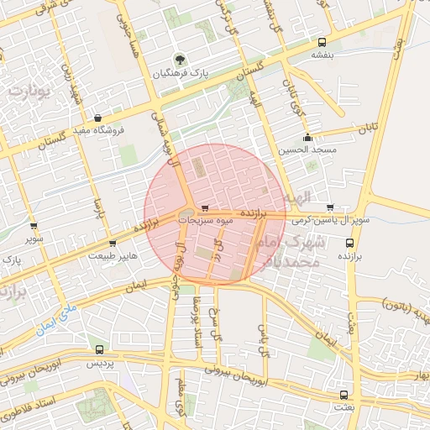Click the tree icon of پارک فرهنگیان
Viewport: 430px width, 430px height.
point(179,59)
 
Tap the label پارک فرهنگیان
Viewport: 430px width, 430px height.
point(180,74)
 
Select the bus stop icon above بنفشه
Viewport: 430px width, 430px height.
point(322,40)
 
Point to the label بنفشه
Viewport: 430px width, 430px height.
point(322,55)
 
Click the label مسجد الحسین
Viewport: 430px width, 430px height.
point(311,149)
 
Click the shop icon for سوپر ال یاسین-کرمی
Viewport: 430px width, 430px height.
point(329,207)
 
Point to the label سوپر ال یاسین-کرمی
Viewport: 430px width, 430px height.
point(331,219)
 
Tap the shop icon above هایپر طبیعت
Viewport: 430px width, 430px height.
point(113,244)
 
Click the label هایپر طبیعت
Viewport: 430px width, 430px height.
point(113,255)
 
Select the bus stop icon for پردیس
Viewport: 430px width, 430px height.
point(100,349)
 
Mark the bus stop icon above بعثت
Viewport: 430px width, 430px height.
point(343,394)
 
